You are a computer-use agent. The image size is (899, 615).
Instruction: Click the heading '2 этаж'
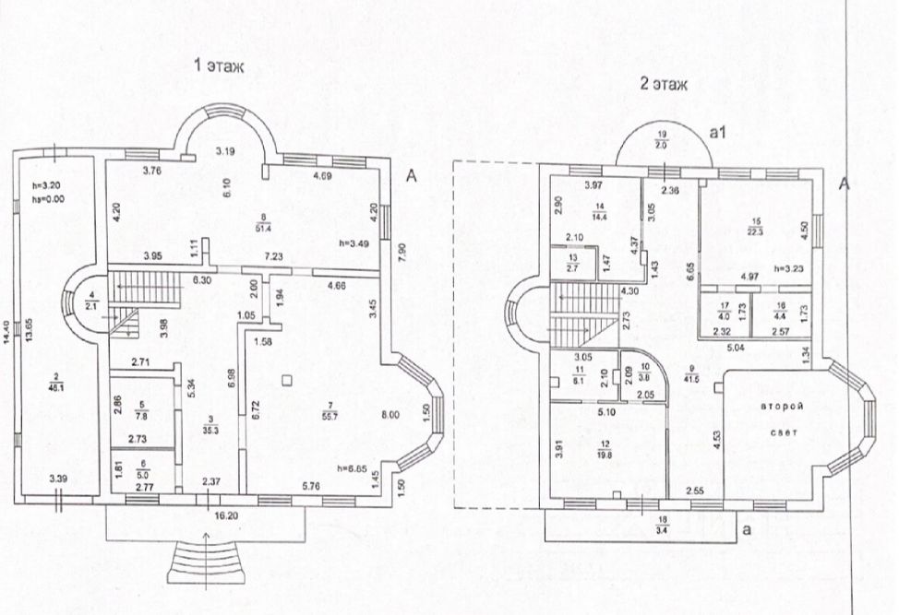click(664, 84)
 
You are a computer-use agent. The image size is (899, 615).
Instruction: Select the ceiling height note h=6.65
click(368, 467)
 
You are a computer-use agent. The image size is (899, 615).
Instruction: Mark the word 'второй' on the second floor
click(776, 406)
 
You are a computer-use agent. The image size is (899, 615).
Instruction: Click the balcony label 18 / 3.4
click(664, 526)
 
